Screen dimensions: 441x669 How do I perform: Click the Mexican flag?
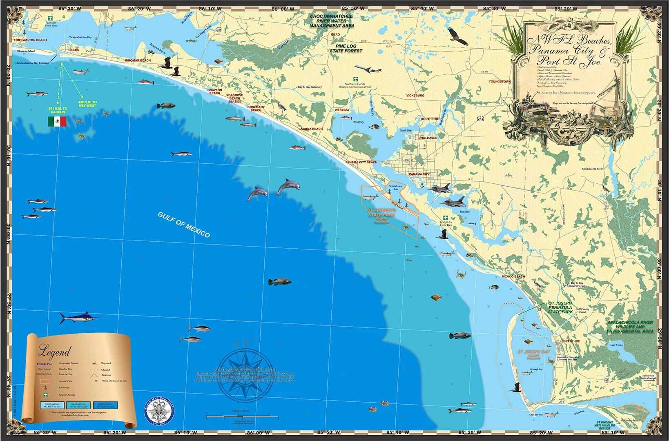pyautogui.click(x=57, y=121)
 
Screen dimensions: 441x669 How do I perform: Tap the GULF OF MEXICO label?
pyautogui.click(x=184, y=225)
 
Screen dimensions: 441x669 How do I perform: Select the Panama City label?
pyautogui.click(x=419, y=174)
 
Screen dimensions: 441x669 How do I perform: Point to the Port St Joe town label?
pyautogui.click(x=570, y=341)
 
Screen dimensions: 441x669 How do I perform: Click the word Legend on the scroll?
pyautogui.click(x=54, y=351)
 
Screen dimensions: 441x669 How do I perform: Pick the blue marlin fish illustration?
pyautogui.click(x=78, y=318)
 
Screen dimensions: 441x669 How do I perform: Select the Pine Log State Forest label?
pyautogui.click(x=346, y=49)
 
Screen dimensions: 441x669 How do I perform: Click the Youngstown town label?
pyautogui.click(x=500, y=82)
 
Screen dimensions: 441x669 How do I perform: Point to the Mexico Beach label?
pyautogui.click(x=513, y=276)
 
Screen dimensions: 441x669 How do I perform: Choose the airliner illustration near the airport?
pyautogui.click(x=368, y=69)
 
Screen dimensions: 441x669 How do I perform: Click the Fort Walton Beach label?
pyautogui.click(x=30, y=40)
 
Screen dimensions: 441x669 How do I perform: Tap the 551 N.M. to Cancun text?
pyautogui.click(x=58, y=110)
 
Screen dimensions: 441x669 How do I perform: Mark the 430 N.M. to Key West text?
pyautogui.click(x=87, y=104)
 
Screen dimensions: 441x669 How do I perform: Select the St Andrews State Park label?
pyautogui.click(x=381, y=213)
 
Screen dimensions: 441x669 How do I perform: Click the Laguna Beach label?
pyautogui.click(x=310, y=129)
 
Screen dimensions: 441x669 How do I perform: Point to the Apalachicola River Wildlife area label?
pyautogui.click(x=630, y=327)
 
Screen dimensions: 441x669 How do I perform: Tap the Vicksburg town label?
pyautogui.click(x=415, y=96)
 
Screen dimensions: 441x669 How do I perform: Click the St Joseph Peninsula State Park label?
pyautogui.click(x=560, y=307)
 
